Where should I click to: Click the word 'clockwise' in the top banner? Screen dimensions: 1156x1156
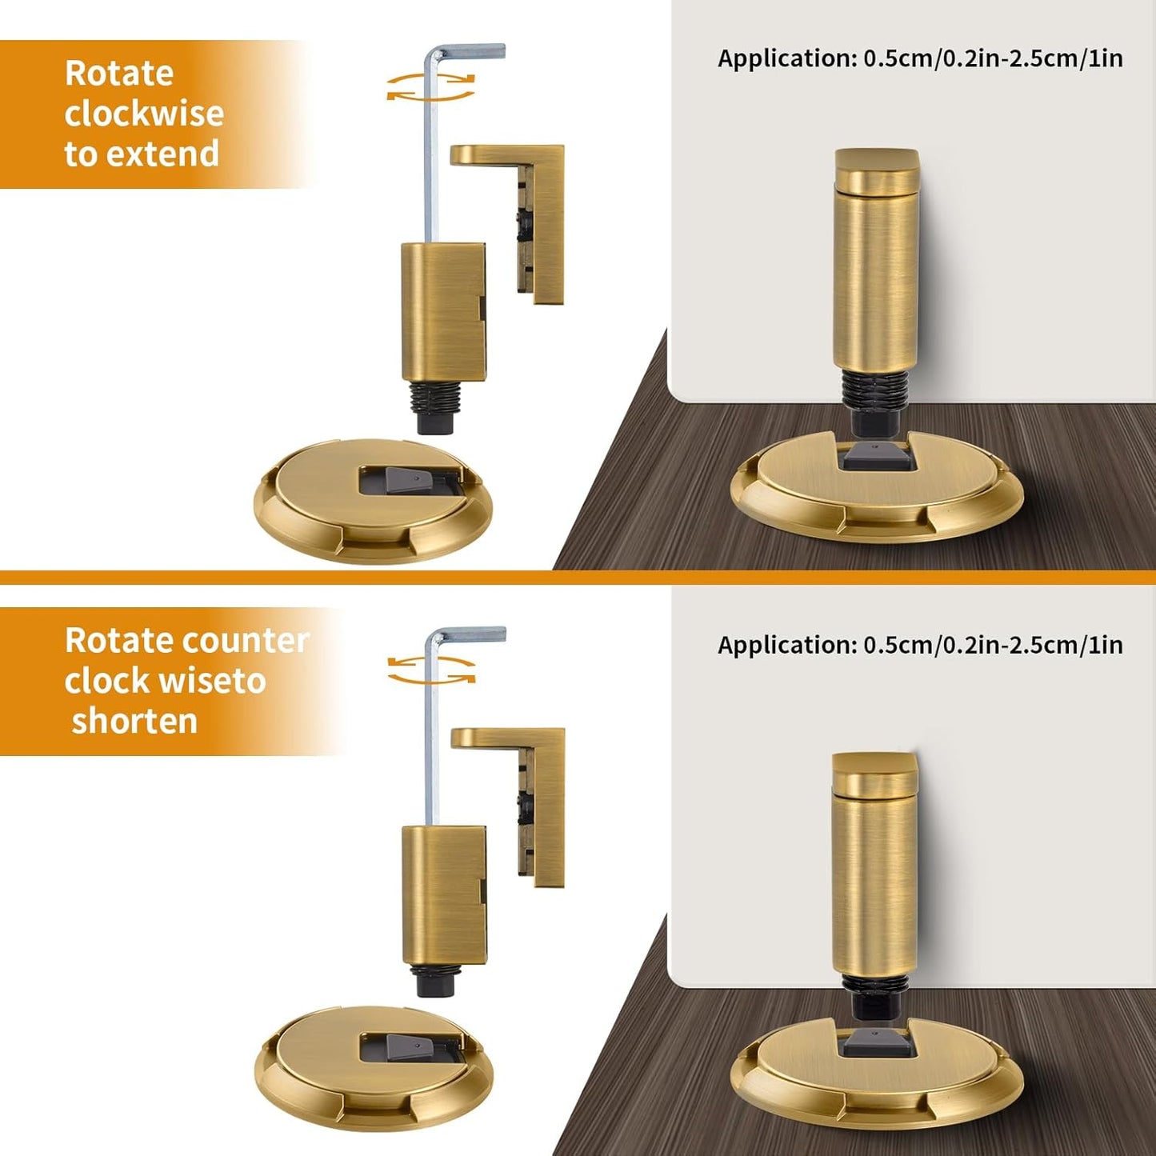pos(144,114)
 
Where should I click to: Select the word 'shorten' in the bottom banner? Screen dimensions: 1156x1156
pos(134,722)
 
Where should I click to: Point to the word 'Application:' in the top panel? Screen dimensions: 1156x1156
pos(786,59)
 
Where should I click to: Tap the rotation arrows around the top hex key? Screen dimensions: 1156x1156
pos(430,87)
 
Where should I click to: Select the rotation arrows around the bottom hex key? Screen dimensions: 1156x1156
pos(431,670)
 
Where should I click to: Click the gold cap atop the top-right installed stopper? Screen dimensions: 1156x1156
pos(876,170)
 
